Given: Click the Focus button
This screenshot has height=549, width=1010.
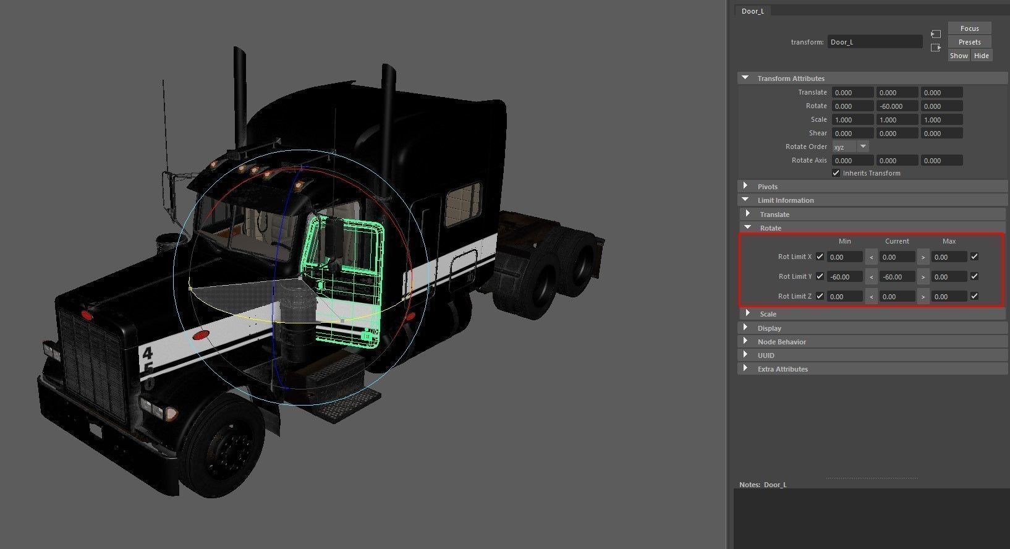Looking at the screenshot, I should (x=969, y=28).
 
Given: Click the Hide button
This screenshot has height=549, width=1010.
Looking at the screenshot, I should (x=981, y=56).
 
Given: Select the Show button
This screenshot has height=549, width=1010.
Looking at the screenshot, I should (x=959, y=56).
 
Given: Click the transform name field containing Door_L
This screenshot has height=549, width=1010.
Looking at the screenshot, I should (x=875, y=42).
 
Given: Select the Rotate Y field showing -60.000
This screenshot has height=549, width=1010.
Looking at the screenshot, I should (x=897, y=106).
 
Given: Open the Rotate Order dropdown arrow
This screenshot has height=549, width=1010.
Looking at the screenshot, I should (x=864, y=147).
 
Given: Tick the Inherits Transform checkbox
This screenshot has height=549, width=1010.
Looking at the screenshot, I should (x=836, y=173).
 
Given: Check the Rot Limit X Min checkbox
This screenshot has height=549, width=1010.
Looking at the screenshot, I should (x=820, y=257).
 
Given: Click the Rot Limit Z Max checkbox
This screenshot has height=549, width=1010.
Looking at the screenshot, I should (x=974, y=296).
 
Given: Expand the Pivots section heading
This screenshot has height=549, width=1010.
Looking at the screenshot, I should (x=767, y=187).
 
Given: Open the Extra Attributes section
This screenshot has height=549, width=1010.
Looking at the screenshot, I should (x=782, y=369).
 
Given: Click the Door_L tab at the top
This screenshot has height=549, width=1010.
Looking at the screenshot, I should (x=753, y=11).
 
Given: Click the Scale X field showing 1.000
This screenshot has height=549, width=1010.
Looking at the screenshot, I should (x=852, y=120).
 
